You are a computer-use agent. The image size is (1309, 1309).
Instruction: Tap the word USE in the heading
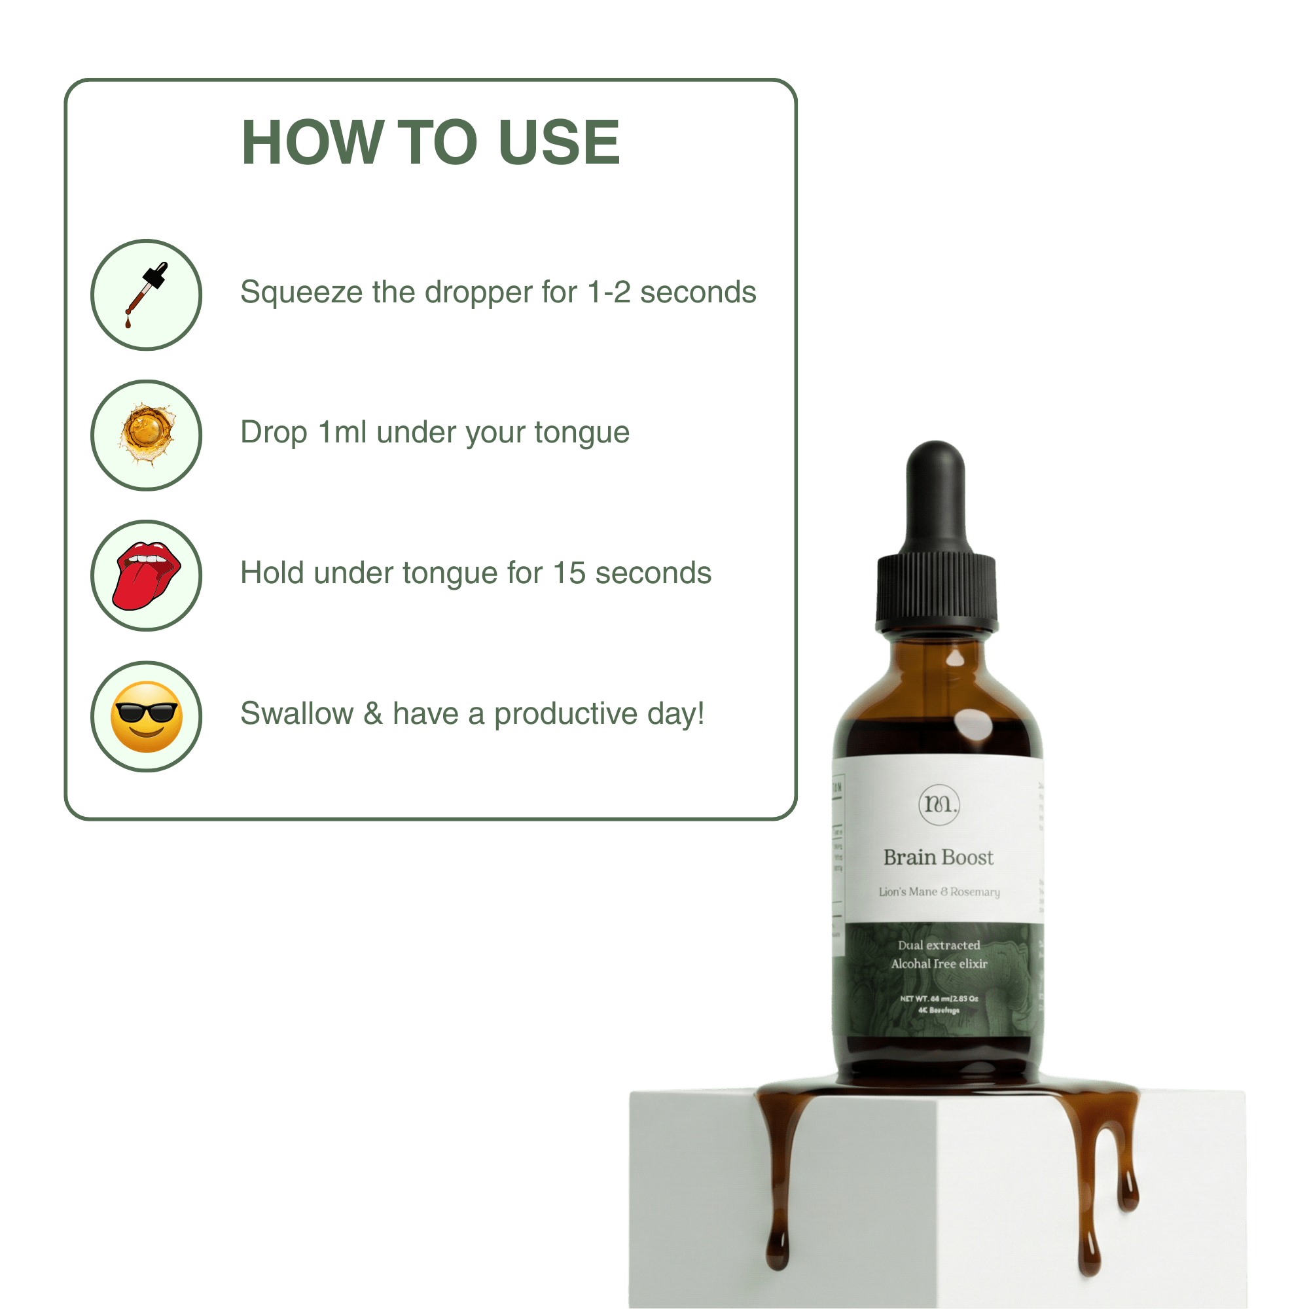pyautogui.click(x=558, y=142)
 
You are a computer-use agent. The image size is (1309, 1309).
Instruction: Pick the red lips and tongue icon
pyautogui.click(x=147, y=575)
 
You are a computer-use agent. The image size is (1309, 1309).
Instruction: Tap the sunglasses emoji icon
pyautogui.click(x=147, y=716)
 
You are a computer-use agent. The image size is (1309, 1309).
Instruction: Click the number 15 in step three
pyautogui.click(x=569, y=573)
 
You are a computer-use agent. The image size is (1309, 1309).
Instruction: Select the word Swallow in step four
pyautogui.click(x=296, y=713)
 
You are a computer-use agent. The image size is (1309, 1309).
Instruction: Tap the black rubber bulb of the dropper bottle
pyautogui.click(x=936, y=495)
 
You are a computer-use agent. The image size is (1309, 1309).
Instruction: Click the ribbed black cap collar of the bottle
pyautogui.click(x=937, y=591)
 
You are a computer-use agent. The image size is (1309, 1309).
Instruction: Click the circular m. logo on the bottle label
pyautogui.click(x=939, y=804)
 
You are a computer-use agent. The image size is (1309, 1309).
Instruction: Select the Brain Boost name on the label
pyautogui.click(x=939, y=858)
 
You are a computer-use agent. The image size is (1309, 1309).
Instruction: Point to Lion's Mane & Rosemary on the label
pyautogui.click(x=939, y=892)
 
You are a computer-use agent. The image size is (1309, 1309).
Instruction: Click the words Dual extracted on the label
pyautogui.click(x=939, y=945)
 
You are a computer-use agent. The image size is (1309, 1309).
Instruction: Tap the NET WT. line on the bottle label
pyautogui.click(x=939, y=999)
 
